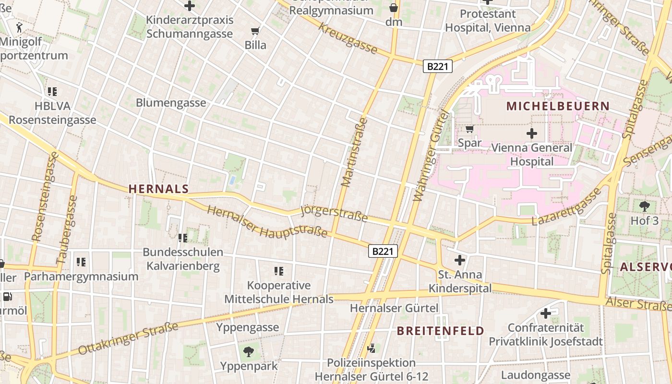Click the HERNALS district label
158,189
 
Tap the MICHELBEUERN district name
558,106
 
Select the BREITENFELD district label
440,331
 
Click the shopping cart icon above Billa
255,31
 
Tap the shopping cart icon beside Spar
469,129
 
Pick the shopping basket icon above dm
394,8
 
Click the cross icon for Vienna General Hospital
531,133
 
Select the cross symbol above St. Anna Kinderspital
459,260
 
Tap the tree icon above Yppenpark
248,352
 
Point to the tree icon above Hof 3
644,206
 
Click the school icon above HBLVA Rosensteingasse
52,91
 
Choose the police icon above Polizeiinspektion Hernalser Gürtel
371,348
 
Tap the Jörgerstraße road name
334,214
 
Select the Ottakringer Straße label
128,338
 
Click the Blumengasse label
171,103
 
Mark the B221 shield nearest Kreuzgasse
437,66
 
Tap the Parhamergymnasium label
81,276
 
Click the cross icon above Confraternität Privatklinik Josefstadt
545,313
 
